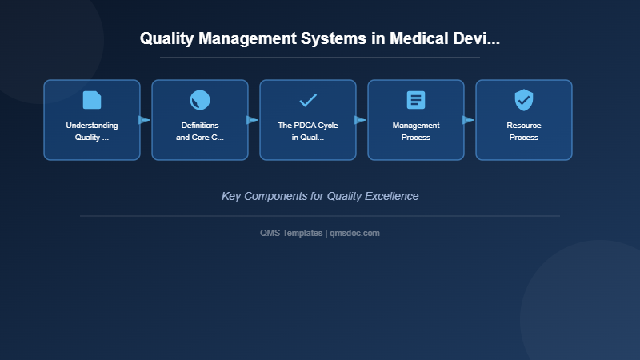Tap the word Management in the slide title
(x=242, y=38)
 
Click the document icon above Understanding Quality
(x=92, y=100)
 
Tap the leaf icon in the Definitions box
(x=200, y=100)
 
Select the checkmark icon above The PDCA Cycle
(x=308, y=100)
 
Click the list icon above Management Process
(x=416, y=100)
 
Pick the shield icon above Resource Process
(x=524, y=100)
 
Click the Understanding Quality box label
(x=92, y=131)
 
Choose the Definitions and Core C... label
(x=200, y=131)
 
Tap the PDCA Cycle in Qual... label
(x=308, y=131)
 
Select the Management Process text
(x=416, y=131)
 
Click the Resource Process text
(x=524, y=131)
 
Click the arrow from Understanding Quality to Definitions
(x=144, y=120)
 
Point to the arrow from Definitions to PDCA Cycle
(x=252, y=120)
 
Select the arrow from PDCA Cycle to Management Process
(x=360, y=120)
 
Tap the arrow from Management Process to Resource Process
(x=468, y=120)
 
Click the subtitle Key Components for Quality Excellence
(x=320, y=196)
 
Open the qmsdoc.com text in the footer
(x=354, y=233)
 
